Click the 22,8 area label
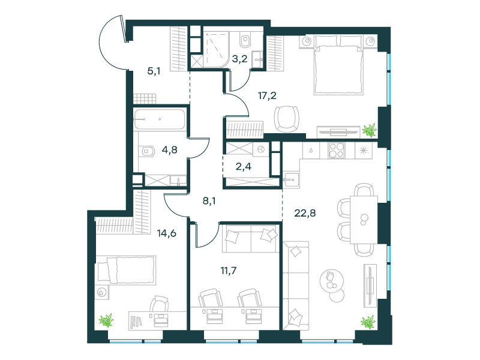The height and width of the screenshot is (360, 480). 305,213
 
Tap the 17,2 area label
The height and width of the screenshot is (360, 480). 267,95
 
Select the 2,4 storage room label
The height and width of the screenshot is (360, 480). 244,167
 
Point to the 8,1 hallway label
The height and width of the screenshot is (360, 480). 209,201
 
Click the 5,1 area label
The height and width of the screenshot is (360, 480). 154,71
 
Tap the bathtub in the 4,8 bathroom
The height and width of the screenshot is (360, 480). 159,119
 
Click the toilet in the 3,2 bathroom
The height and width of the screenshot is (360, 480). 245,40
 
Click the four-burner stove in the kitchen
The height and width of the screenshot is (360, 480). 337,151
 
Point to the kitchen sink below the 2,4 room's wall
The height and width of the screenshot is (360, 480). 291,179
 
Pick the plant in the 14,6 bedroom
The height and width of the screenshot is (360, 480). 106,320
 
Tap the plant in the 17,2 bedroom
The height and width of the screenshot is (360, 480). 370,130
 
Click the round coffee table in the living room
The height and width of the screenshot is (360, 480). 332,281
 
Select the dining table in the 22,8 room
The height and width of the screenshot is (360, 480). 364,220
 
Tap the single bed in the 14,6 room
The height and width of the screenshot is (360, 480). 126,270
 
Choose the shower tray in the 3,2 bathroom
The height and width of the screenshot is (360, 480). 216,50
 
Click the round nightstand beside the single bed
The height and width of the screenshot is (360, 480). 101,293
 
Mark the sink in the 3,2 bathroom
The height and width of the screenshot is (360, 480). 258,59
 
